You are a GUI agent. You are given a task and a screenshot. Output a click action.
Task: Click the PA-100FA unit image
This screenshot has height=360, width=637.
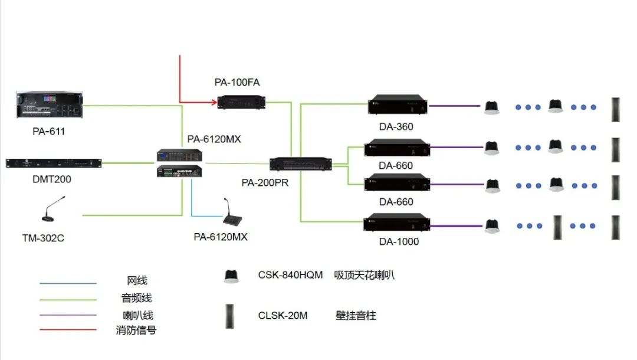coord(241,102)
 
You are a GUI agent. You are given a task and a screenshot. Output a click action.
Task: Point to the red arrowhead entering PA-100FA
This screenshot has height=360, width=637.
coord(213,102)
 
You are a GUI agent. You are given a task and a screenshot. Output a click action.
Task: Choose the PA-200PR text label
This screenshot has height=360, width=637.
coord(265,182)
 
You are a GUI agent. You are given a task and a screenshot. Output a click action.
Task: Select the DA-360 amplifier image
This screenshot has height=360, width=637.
coord(398,106)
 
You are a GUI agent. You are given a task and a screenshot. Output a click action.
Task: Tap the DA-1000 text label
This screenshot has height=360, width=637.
coord(399,241)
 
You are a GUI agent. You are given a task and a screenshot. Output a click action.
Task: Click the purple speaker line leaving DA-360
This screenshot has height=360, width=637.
coord(454,106)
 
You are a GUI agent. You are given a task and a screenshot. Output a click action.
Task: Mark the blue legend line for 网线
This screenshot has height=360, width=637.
coord(68,283)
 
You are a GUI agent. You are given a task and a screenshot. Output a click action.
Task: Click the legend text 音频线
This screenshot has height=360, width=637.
coord(137,298)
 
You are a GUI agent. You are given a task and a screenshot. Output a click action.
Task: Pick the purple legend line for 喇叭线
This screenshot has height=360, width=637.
coord(68,315)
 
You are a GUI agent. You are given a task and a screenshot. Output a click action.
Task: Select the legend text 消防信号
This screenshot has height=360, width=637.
coord(136,330)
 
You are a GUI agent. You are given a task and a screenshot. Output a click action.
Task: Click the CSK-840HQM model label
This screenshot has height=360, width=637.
coord(290,275)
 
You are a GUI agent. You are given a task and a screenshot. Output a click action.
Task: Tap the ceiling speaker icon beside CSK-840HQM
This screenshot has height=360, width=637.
coord(231,276)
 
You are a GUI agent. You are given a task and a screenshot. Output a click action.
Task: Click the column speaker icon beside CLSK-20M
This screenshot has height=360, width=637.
coord(231,316)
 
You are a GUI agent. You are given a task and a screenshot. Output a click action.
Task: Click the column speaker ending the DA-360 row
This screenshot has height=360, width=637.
coord(616,109)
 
